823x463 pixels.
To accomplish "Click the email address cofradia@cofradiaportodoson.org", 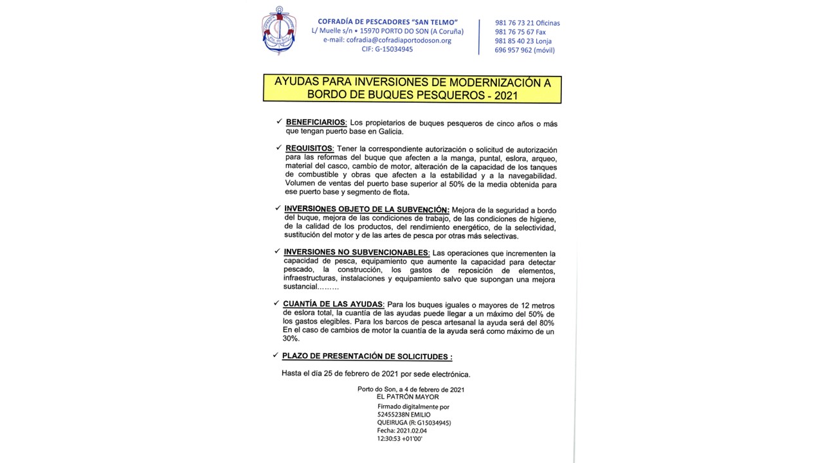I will tap(387, 40).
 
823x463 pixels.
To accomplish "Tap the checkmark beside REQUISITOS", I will tap(278, 147).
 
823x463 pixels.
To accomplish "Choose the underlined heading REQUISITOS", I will tap(309, 149).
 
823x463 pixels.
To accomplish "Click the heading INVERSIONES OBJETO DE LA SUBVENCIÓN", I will tap(366, 210).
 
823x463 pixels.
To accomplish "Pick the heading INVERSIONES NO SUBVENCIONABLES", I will tap(356, 253).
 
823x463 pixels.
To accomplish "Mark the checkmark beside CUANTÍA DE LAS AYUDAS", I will tap(276, 303).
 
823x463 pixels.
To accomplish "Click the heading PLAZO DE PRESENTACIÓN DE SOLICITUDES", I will tap(366, 356).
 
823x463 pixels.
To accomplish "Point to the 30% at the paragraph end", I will tap(291, 339).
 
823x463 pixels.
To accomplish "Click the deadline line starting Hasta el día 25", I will tap(375, 374).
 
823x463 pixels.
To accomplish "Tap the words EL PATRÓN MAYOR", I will tap(408, 397).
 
